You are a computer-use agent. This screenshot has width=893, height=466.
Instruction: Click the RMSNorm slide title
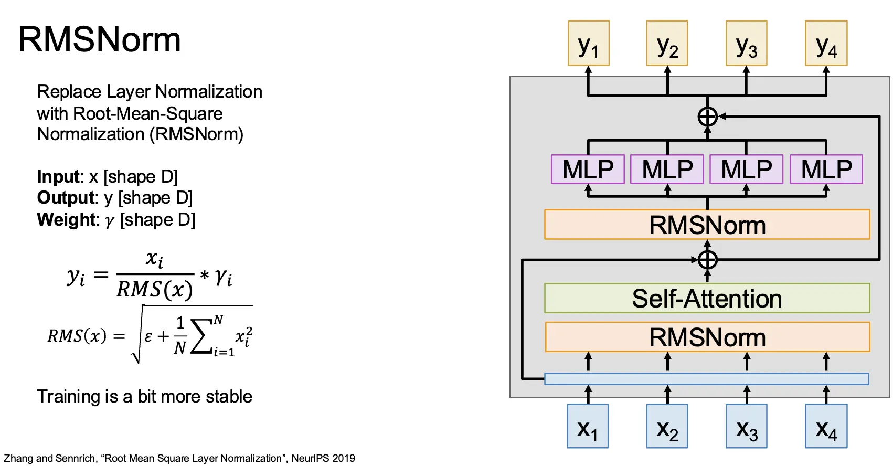pos(100,40)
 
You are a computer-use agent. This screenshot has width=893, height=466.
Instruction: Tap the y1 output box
pos(588,44)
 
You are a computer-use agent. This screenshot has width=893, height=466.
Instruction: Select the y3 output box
pos(746,44)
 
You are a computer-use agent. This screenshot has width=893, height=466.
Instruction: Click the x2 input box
pos(667,426)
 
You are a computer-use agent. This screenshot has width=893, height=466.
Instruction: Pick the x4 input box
pos(826,426)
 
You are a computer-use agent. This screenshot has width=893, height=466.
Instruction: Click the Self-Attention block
pos(707,299)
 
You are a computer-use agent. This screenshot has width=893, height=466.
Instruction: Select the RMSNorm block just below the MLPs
pos(707,225)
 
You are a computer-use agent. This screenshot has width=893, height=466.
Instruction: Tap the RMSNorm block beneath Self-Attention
pos(707,337)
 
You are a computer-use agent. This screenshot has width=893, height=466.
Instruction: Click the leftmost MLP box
pos(588,169)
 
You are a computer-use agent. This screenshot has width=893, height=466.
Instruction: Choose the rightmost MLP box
pos(826,169)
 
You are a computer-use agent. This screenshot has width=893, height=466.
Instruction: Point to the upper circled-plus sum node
pos(707,116)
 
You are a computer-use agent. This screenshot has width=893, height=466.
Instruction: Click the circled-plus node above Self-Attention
pos(707,260)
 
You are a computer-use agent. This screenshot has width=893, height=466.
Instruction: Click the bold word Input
pos(58,177)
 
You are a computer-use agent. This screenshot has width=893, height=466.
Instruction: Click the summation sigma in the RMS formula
pos(201,336)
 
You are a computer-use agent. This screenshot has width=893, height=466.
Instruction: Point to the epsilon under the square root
pos(148,336)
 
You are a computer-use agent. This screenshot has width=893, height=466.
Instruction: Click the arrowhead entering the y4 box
pos(826,69)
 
